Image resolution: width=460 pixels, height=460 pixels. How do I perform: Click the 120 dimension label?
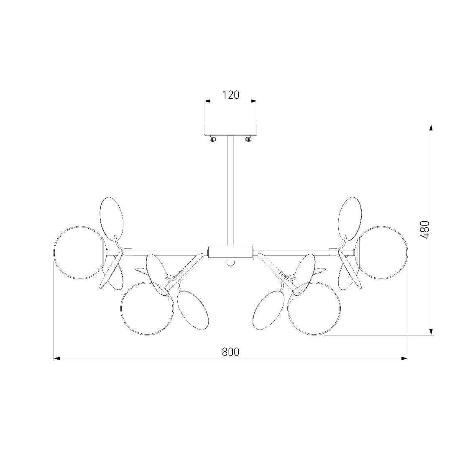point(231,95)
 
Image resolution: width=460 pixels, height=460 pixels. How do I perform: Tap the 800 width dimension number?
point(230,352)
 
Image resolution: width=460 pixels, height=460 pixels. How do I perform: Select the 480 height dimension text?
point(424,230)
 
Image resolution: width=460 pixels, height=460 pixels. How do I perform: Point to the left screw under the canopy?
point(213,138)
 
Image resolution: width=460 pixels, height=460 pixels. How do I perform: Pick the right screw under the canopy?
point(248,138)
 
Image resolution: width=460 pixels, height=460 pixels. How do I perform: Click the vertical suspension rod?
point(230,190)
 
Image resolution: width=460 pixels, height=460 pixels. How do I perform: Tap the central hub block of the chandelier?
point(230,253)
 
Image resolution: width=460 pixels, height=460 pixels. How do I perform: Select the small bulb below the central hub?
point(230,263)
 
